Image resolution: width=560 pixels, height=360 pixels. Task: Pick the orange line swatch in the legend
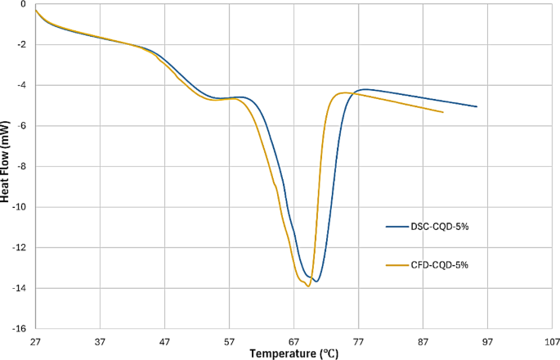click(x=397, y=265)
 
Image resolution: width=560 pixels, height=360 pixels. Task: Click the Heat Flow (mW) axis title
click(x=7, y=167)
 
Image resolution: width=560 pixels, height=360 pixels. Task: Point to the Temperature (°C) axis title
click(x=295, y=353)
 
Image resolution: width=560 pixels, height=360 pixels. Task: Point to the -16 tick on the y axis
click(x=17, y=328)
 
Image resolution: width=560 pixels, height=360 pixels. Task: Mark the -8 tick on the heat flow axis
click(x=20, y=166)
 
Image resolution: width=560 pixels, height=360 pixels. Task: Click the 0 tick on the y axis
click(x=25, y=4)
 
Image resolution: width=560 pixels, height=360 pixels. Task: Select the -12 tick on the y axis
click(x=17, y=247)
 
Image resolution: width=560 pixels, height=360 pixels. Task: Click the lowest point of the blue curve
click(x=316, y=281)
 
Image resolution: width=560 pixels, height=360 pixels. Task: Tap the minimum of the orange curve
click(x=308, y=286)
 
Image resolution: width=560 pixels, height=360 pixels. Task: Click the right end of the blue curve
click(x=477, y=106)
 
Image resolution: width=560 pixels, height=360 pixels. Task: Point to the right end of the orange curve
click(x=443, y=112)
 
